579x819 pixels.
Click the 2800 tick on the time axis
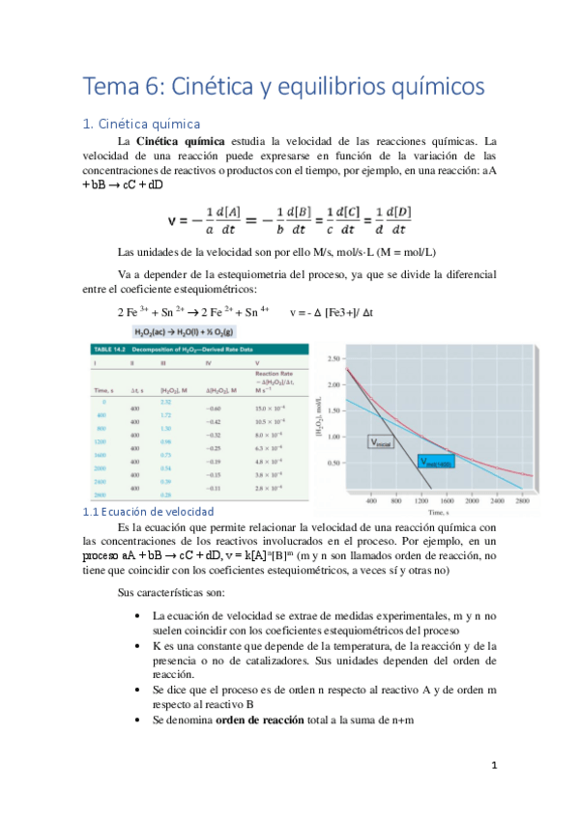point(522,502)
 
